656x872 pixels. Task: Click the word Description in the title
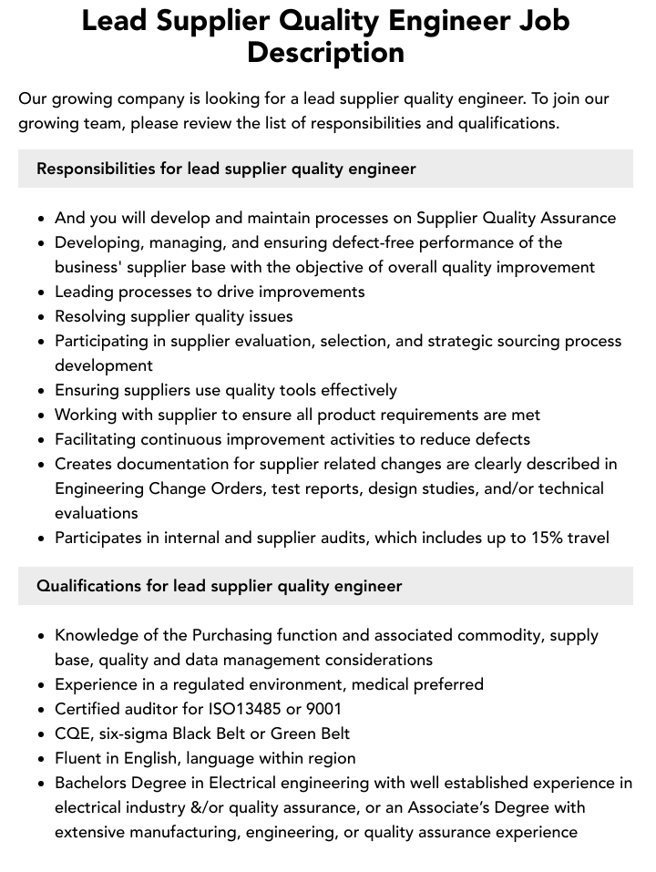[x=325, y=52]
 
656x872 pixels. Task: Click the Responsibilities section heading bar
[x=325, y=169]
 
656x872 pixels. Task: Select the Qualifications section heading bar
[x=325, y=586]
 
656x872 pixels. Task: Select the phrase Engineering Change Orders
[x=148, y=488]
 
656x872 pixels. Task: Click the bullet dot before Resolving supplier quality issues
[x=41, y=317]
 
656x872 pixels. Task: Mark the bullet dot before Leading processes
[x=41, y=292]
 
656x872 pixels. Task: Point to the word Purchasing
[x=234, y=635]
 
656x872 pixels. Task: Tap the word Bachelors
[x=94, y=783]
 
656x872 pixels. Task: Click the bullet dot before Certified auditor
[x=41, y=710]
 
